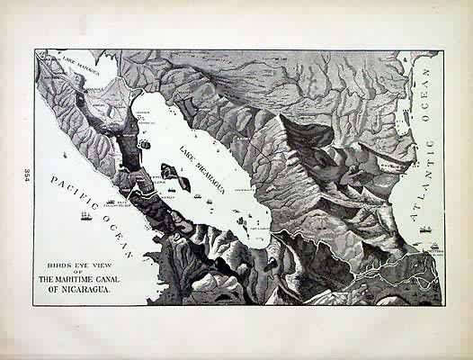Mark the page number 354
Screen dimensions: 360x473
pos(27,175)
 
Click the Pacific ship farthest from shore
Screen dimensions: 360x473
pos(86,216)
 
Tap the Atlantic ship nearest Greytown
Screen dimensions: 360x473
pos(434,245)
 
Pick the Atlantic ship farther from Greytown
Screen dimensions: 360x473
pos(424,229)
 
